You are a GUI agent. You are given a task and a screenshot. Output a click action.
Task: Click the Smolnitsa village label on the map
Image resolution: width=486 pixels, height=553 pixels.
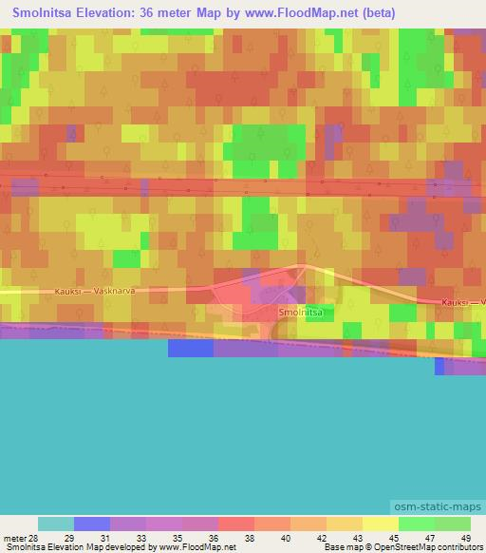300,312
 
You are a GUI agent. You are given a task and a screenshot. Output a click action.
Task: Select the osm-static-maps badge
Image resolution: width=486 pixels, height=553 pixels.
437,509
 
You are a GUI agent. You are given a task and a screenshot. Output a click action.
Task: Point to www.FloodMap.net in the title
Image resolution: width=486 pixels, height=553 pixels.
305,13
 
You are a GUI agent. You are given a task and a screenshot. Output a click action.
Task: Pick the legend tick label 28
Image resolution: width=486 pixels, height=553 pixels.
39,538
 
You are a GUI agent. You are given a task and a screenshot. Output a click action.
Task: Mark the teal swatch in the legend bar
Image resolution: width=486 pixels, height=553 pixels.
56,524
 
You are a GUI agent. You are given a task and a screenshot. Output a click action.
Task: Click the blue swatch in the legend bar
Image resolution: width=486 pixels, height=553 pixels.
92,524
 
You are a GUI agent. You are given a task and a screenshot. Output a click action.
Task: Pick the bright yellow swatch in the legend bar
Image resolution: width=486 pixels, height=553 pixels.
381,524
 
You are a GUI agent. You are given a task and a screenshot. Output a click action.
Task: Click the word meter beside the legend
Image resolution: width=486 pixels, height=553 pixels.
14,538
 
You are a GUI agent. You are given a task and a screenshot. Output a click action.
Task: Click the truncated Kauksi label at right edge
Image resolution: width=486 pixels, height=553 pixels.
463,302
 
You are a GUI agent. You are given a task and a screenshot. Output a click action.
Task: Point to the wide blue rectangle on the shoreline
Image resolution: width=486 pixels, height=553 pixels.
191,349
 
